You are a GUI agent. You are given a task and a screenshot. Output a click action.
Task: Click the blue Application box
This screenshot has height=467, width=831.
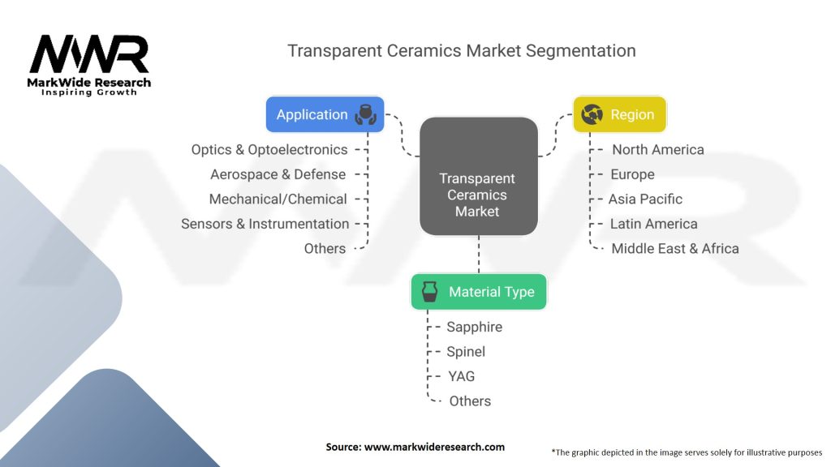(x=325, y=114)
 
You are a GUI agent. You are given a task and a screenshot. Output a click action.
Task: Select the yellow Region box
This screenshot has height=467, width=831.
(x=619, y=114)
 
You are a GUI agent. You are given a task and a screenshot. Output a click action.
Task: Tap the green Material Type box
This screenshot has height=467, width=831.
(x=479, y=292)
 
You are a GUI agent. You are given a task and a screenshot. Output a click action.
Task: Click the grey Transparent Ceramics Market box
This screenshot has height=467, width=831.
(x=479, y=176)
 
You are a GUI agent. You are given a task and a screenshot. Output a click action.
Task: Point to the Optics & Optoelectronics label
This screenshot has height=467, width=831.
(x=269, y=150)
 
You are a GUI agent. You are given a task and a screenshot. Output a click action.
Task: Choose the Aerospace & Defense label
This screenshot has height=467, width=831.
(x=278, y=174)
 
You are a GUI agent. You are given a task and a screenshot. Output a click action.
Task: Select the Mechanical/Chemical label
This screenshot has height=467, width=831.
(x=278, y=199)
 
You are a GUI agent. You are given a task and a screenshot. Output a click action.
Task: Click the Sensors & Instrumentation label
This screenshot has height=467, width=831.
(x=265, y=224)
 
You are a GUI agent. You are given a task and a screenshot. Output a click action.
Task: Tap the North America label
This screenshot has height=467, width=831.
(x=657, y=150)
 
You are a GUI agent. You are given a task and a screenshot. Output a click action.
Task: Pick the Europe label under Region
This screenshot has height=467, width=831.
(x=632, y=175)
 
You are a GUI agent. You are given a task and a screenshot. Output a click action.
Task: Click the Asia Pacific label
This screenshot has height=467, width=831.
(x=645, y=199)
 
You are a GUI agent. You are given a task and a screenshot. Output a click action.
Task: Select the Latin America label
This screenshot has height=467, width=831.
(x=653, y=224)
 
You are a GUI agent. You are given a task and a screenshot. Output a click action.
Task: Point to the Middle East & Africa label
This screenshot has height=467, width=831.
(x=674, y=249)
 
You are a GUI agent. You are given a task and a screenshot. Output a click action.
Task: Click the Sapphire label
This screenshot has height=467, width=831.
(x=474, y=328)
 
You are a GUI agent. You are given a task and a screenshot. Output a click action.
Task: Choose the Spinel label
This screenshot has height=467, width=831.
(x=466, y=352)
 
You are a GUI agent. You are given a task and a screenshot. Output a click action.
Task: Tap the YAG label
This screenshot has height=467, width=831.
(x=461, y=376)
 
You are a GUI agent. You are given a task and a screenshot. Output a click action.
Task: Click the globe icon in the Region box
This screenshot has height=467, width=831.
(x=592, y=114)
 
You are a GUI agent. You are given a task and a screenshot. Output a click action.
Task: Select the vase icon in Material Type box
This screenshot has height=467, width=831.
(x=430, y=292)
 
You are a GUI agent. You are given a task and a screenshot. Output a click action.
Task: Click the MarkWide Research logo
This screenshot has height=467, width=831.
(x=89, y=66)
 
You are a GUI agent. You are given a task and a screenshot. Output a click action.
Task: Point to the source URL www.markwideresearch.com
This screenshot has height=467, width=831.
(x=434, y=447)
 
